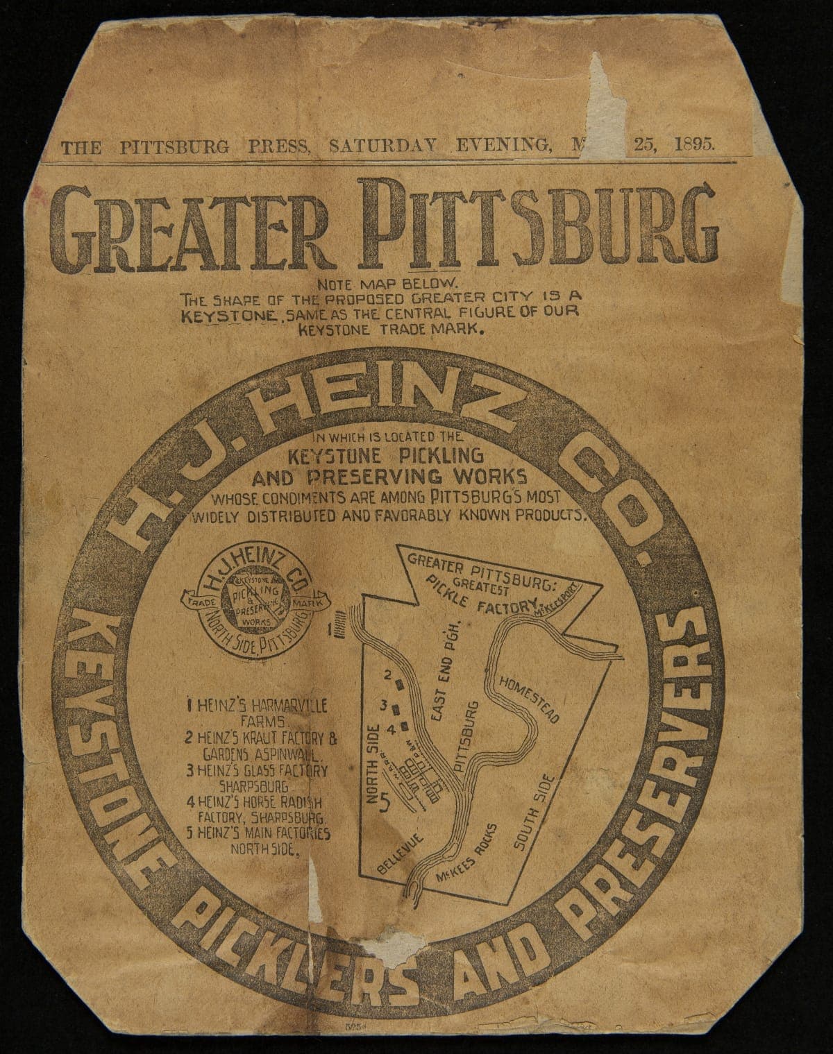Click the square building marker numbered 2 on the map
(x=400, y=683)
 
